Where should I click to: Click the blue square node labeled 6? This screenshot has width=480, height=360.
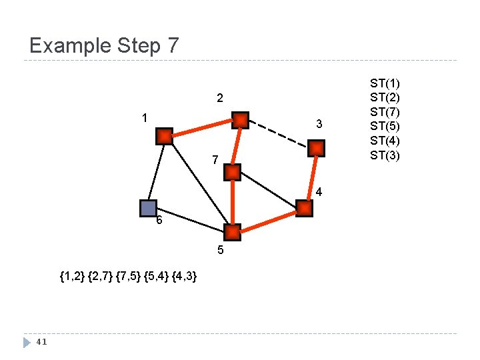[148, 208]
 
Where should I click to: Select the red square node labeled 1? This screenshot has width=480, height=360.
[164, 136]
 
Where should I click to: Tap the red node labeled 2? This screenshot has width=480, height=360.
[240, 120]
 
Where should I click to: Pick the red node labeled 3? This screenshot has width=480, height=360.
[317, 148]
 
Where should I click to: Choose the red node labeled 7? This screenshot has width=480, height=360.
[232, 173]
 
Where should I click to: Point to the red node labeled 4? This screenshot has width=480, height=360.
[304, 209]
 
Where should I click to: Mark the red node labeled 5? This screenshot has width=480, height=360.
[232, 233]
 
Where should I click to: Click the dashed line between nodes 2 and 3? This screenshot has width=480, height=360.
[278, 134]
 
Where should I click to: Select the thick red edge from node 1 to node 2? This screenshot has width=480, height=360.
[202, 128]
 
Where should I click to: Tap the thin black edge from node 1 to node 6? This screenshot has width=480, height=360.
[156, 172]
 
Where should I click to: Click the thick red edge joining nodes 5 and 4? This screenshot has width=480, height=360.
[268, 221]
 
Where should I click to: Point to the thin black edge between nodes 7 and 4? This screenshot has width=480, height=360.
[268, 191]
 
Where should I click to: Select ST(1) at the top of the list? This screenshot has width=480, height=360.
[385, 83]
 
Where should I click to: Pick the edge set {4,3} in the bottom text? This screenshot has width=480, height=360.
[183, 276]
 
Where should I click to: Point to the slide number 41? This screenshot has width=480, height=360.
[41, 342]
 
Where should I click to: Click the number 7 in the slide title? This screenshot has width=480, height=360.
[173, 45]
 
